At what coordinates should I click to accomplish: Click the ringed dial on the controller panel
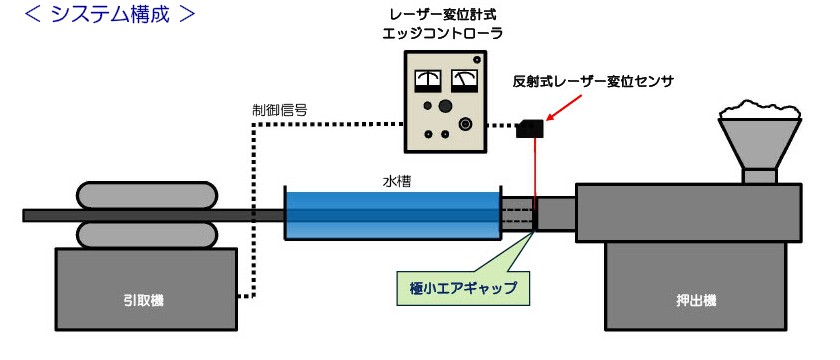465,122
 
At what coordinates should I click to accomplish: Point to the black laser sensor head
529,128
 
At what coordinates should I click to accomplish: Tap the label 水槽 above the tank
392,183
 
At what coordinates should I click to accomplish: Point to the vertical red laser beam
537,170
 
